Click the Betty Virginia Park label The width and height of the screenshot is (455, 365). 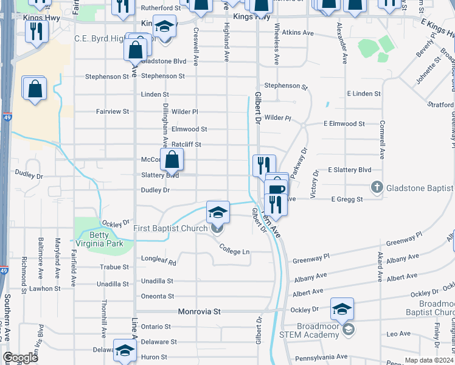100,239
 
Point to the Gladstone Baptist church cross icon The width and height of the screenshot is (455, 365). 377,188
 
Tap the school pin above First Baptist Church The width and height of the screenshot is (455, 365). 218,212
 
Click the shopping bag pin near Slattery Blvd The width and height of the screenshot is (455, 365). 173,161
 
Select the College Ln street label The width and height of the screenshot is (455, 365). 235,251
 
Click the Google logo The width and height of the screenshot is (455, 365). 20,358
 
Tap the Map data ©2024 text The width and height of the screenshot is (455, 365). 428,360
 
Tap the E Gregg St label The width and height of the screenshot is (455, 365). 347,199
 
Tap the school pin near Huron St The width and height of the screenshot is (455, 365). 125,351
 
